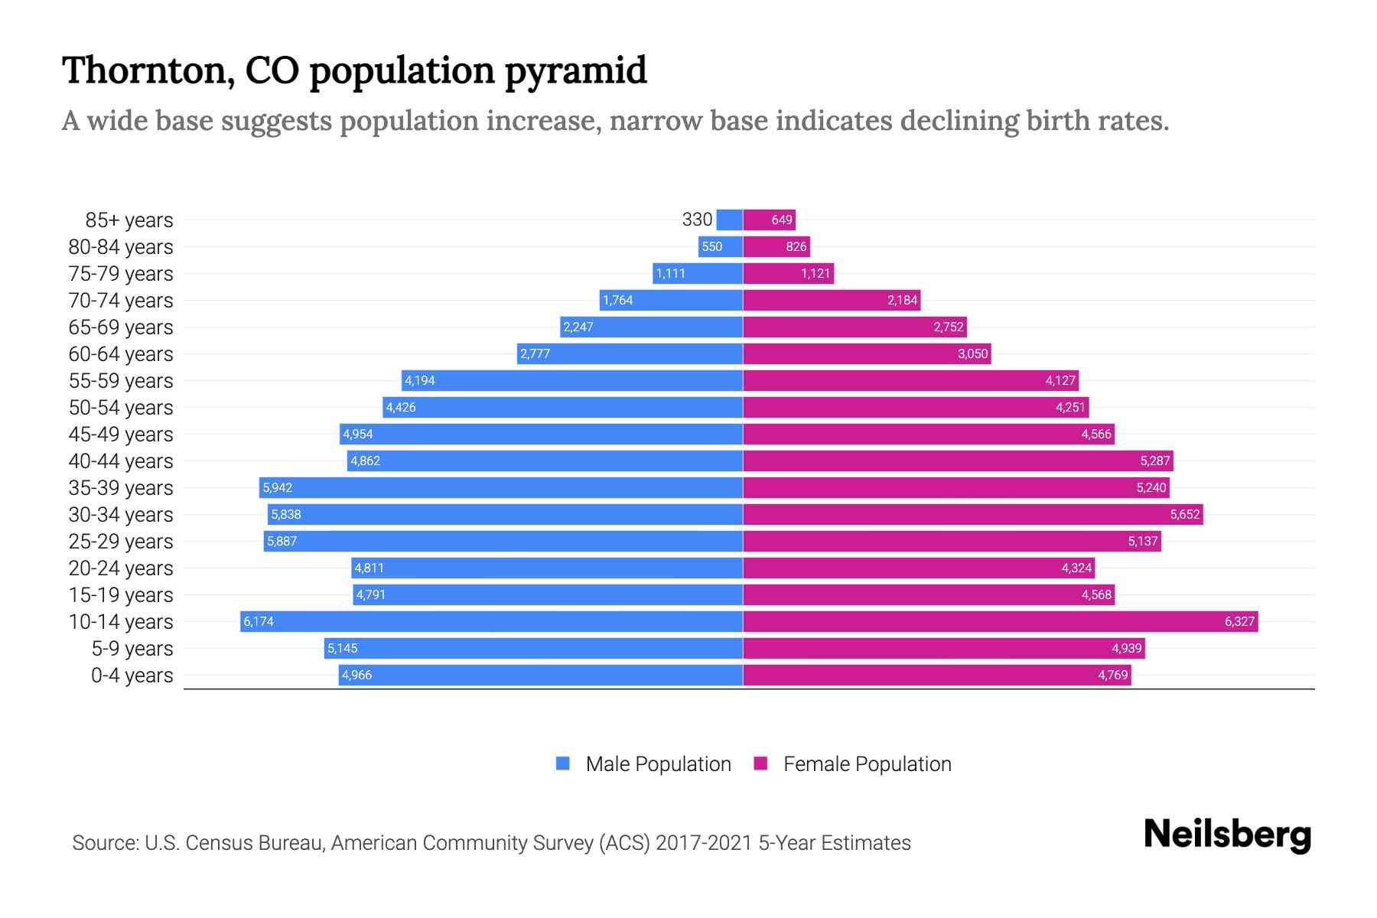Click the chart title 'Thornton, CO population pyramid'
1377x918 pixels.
pos(354,70)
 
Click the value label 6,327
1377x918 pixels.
pos(1239,621)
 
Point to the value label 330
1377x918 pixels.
pos(697,220)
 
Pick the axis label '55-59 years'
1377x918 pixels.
pos(121,381)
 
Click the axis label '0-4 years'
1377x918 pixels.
pos(132,675)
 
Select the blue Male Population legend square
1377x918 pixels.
pos(563,763)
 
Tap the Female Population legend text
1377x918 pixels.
pos(867,764)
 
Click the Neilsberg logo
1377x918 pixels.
pos(1227,835)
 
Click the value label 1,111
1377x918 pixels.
pos(671,273)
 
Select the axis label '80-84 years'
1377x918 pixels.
pos(121,247)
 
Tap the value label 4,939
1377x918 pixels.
pos(1126,648)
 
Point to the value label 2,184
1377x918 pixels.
pos(902,300)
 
